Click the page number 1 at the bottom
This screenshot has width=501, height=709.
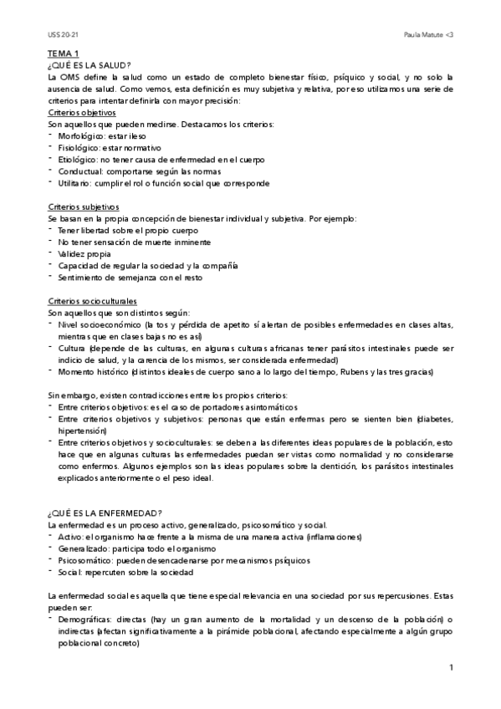tap(450, 667)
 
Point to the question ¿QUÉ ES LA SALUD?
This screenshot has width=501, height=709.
tap(89, 65)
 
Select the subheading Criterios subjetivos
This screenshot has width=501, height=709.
tap(84, 207)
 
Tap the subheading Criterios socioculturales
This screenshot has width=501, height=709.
tap(92, 300)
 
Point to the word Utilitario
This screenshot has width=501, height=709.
tap(76, 183)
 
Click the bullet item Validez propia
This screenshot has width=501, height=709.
tap(84, 253)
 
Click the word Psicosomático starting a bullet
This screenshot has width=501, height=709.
tap(86, 559)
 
